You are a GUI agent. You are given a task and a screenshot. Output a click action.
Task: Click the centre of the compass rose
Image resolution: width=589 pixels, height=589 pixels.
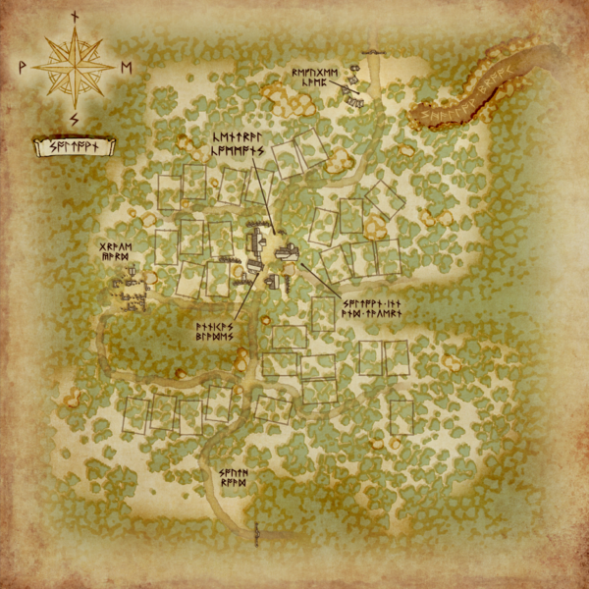pyautogui.click(x=74, y=67)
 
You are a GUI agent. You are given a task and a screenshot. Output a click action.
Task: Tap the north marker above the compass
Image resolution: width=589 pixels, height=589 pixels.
pyautogui.click(x=74, y=17)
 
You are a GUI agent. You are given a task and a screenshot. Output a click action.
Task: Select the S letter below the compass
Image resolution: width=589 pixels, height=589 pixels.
pyautogui.click(x=74, y=120)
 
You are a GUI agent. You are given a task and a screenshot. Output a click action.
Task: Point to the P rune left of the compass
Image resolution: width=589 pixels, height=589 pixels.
pyautogui.click(x=22, y=67)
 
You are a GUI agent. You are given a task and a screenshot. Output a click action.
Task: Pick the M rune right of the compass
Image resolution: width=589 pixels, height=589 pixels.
pyautogui.click(x=126, y=67)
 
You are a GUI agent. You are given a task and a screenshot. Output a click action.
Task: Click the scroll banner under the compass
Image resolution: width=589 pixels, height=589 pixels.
pyautogui.click(x=74, y=148)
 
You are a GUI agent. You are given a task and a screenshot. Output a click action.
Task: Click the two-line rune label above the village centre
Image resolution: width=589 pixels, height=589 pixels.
pyautogui.click(x=241, y=145)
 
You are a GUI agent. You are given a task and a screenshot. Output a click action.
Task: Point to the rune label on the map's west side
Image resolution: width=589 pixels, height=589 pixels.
pyautogui.click(x=116, y=251)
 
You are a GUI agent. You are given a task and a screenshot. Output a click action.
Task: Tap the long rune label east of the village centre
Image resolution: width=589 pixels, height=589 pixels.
pyautogui.click(x=373, y=306)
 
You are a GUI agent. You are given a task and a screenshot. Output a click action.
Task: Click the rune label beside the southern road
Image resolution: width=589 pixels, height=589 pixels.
pyautogui.click(x=234, y=479)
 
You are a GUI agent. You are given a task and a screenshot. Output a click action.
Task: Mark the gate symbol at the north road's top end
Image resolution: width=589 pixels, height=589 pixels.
pyautogui.click(x=373, y=52)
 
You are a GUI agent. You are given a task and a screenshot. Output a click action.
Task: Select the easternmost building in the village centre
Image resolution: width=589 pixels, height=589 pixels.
pyautogui.click(x=287, y=254)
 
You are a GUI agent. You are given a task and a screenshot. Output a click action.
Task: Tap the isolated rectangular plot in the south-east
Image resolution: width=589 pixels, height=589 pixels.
pyautogui.click(x=401, y=416)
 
